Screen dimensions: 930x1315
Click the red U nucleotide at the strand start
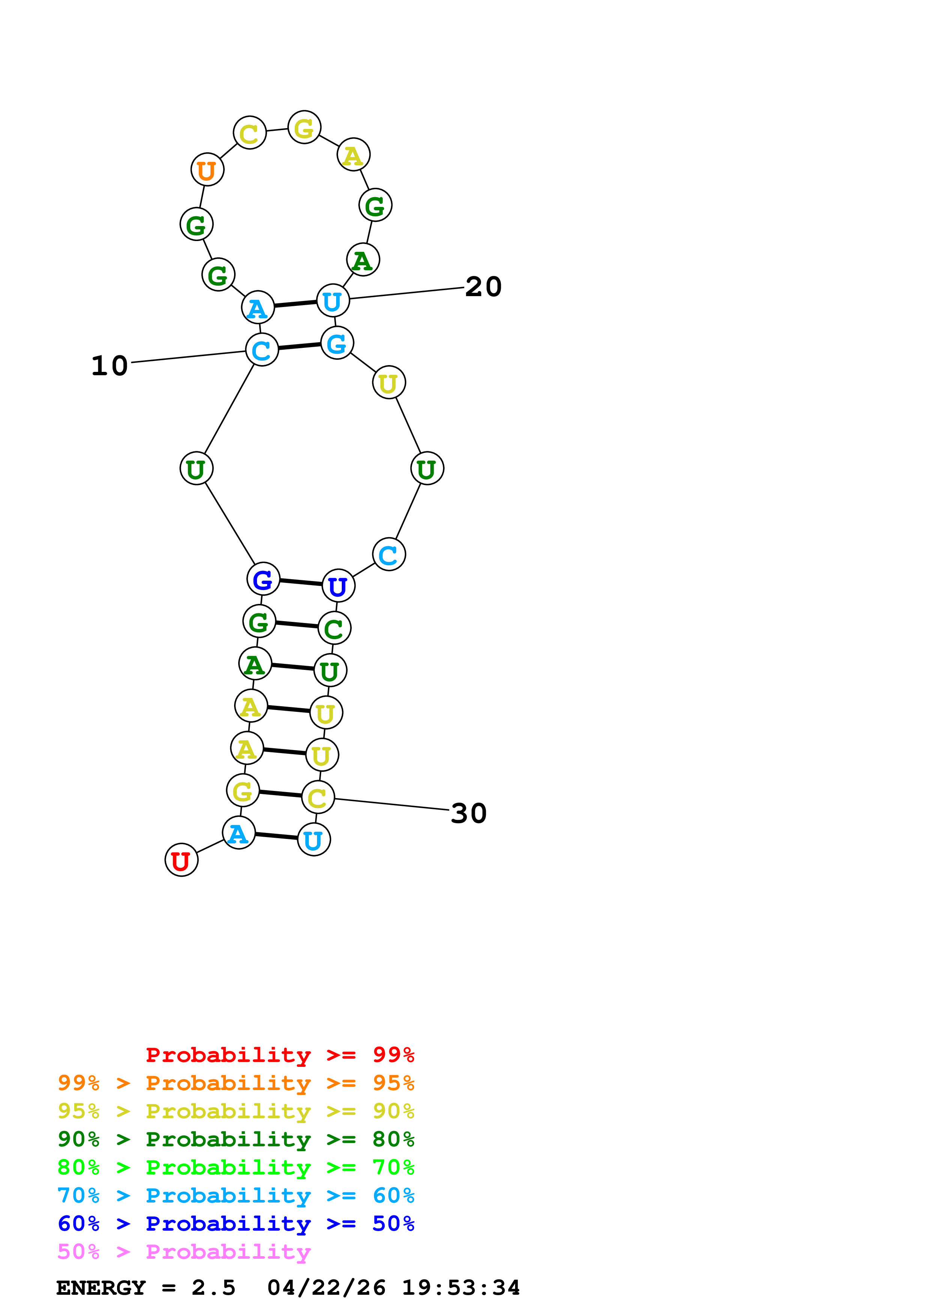pyautogui.click(x=181, y=860)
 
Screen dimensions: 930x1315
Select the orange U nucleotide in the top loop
pyautogui.click(x=207, y=169)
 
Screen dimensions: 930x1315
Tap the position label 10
pyautogui.click(x=110, y=365)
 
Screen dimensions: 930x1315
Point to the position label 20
pyautogui.click(x=483, y=286)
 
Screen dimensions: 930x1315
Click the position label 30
pyautogui.click(x=468, y=813)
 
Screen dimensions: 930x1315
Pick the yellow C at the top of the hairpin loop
pyautogui.click(x=249, y=133)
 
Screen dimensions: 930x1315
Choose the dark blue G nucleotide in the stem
pyautogui.click(x=263, y=579)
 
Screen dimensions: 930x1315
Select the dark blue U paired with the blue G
pyautogui.click(x=338, y=586)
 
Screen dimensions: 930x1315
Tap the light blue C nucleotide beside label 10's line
pyautogui.click(x=262, y=349)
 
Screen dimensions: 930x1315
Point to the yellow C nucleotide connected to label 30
pyautogui.click(x=317, y=797)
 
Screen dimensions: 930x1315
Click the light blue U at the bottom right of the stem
pyautogui.click(x=313, y=840)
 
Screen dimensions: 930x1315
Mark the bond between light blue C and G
pyautogui.click(x=299, y=346)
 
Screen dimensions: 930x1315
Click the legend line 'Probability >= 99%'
pyautogui.click(x=279, y=1055)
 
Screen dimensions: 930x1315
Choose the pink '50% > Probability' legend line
pyautogui.click(x=184, y=1252)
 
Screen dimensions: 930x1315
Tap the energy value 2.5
pyautogui.click(x=213, y=1288)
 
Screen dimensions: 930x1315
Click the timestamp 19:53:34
pyautogui.click(x=461, y=1288)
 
